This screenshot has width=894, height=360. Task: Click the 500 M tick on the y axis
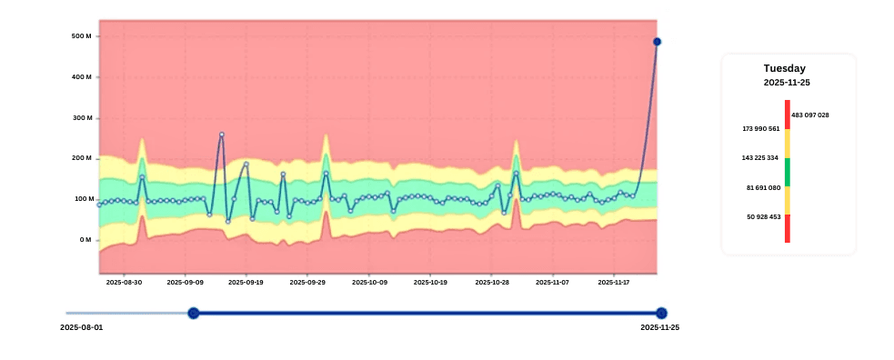pyautogui.click(x=81, y=36)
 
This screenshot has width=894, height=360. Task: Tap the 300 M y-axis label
pyautogui.click(x=81, y=118)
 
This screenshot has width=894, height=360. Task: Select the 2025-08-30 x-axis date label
pyautogui.click(x=124, y=283)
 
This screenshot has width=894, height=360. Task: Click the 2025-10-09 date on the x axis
pyautogui.click(x=369, y=283)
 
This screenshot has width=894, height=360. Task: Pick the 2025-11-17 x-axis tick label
pyautogui.click(x=614, y=283)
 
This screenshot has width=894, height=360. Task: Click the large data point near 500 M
pyautogui.click(x=657, y=42)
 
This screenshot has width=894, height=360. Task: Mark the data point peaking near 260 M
pyautogui.click(x=221, y=135)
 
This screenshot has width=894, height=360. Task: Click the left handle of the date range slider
pyautogui.click(x=193, y=313)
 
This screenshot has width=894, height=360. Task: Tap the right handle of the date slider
pyautogui.click(x=661, y=313)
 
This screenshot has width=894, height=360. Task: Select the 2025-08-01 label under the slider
pyautogui.click(x=82, y=327)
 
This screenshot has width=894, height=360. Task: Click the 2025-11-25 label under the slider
pyautogui.click(x=659, y=327)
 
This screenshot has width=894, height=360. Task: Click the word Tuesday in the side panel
pyautogui.click(x=784, y=68)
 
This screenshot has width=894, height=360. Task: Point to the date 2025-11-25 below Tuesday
pyautogui.click(x=787, y=83)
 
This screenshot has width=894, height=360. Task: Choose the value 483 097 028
pyautogui.click(x=810, y=115)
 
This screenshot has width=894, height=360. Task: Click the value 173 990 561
pyautogui.click(x=760, y=129)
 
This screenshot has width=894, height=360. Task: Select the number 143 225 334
pyautogui.click(x=760, y=158)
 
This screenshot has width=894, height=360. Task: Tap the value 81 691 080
pyautogui.click(x=762, y=188)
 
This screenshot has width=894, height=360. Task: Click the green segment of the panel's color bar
pyautogui.click(x=787, y=172)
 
